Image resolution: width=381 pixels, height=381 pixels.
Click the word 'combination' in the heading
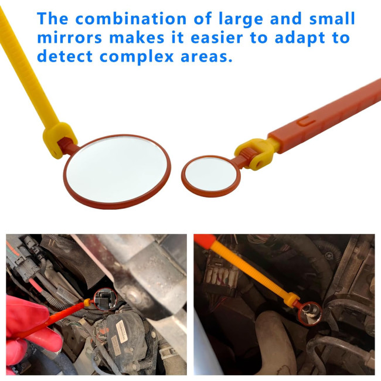[x=131, y=19]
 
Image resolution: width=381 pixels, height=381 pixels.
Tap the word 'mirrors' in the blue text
[x=70, y=38]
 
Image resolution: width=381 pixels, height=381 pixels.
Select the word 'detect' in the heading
[x=64, y=56]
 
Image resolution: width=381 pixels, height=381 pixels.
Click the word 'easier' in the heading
[x=217, y=38]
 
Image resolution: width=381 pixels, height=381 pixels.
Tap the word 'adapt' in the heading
[x=300, y=38]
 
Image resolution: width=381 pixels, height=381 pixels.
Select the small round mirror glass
[x=210, y=174]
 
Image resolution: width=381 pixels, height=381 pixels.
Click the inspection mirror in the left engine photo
[x=106, y=299]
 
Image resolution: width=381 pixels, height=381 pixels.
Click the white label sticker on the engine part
[x=122, y=331]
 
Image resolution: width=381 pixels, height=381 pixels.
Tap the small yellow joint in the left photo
[x=87, y=302]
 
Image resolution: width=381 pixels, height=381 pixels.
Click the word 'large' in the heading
[x=240, y=19]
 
